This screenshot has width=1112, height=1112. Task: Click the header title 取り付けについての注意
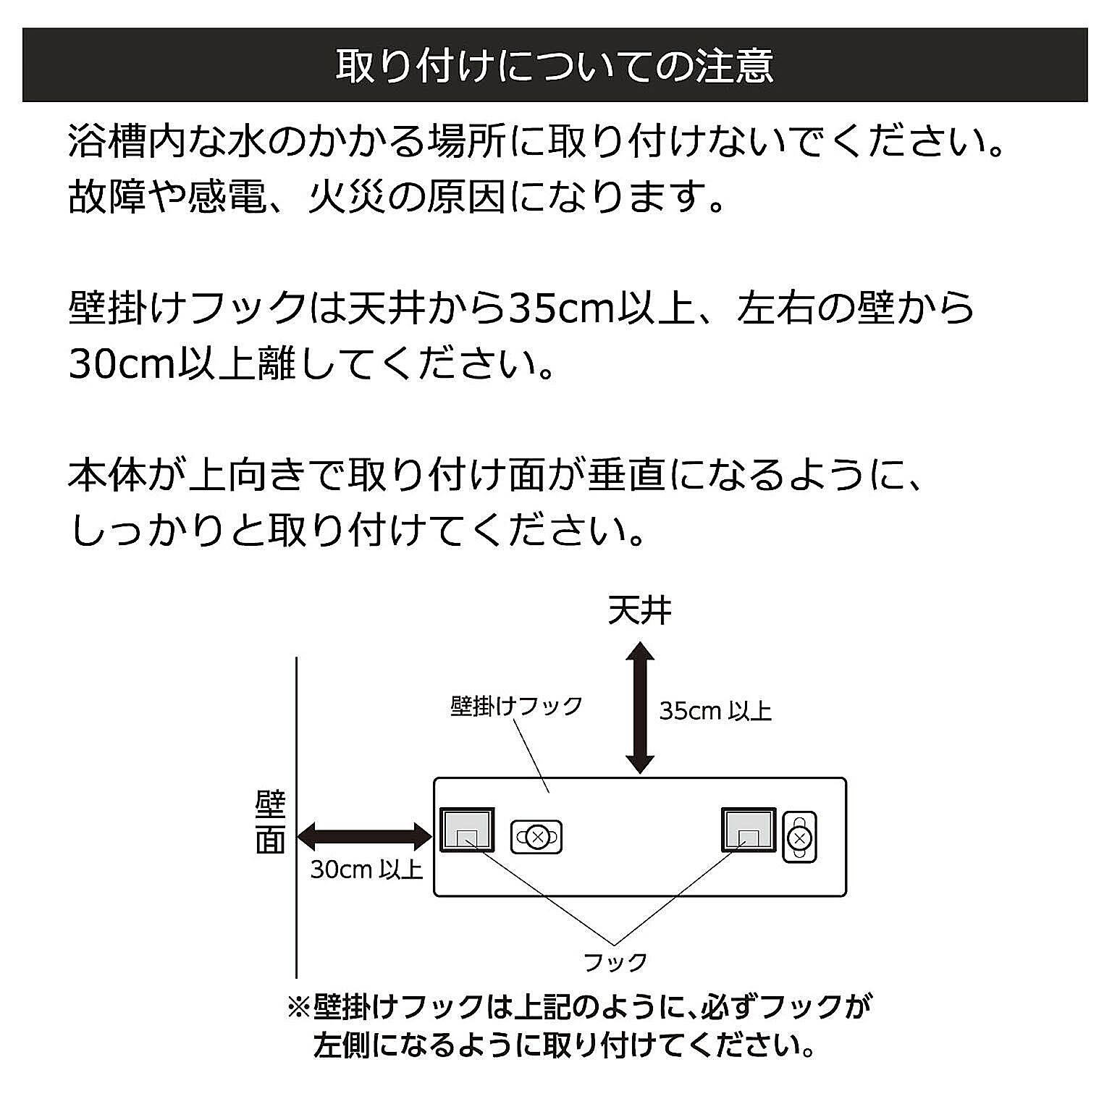pos(555,66)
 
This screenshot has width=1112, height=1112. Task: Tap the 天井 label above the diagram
pos(639,611)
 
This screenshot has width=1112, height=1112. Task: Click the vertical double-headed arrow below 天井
pos(640,707)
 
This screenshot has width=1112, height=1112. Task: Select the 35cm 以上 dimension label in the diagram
pos(715,712)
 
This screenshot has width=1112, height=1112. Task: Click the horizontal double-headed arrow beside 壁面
pos(365,836)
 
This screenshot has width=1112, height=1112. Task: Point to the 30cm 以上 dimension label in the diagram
pos(366,869)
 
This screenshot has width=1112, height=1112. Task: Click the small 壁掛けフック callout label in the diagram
pos(516,706)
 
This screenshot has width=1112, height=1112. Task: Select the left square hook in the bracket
pos(468,830)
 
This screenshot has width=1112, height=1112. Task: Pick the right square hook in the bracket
pos(749,830)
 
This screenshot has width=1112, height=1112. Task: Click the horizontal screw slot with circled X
pos(536,838)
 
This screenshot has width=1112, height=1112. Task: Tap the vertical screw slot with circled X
pos(799,838)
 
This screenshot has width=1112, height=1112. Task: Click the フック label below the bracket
pos(615,962)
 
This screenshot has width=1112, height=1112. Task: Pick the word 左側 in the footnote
pos(341,1045)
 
